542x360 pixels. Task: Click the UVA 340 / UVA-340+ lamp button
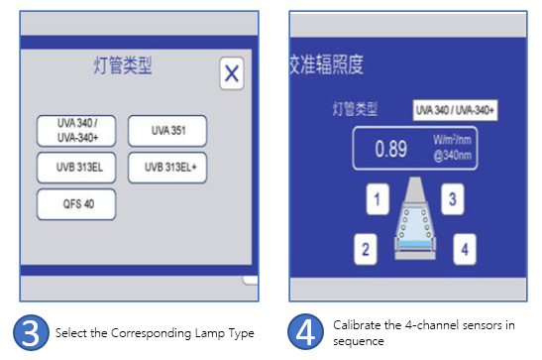[x=76, y=131]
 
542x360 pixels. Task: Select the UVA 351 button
[x=167, y=131]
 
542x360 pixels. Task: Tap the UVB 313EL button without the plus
[x=76, y=168]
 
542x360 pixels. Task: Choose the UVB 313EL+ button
[x=167, y=168]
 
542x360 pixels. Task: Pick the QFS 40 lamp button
[x=76, y=204]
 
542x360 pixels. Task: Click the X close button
[x=232, y=73]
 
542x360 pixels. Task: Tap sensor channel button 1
[x=378, y=199]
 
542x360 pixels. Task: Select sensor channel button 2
[x=366, y=249]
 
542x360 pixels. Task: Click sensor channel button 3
[x=453, y=199]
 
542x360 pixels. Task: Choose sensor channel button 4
[x=465, y=249]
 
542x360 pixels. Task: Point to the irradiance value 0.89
[x=391, y=149]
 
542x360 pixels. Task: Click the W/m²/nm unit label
[x=452, y=140]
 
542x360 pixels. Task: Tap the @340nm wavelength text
[x=452, y=156]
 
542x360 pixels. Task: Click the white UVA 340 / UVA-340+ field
[x=455, y=110]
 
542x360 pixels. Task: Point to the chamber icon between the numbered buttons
[x=415, y=218]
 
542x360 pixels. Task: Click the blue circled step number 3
[x=31, y=332]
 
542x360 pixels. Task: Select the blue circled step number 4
[x=305, y=331]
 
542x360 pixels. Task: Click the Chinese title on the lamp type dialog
[x=123, y=65]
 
